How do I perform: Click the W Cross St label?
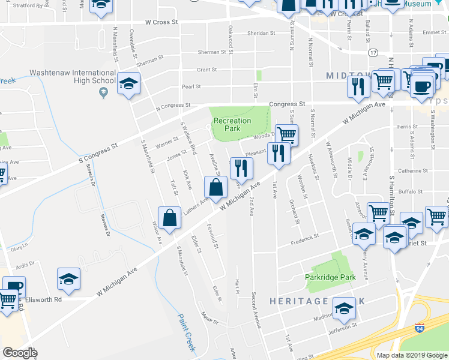162,22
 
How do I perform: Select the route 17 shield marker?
373,53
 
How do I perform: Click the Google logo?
20,353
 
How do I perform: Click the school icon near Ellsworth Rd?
68,279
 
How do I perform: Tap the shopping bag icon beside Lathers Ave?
215,188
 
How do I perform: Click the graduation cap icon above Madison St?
344,309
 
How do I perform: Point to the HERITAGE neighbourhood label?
298,301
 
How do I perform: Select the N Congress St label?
173,106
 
